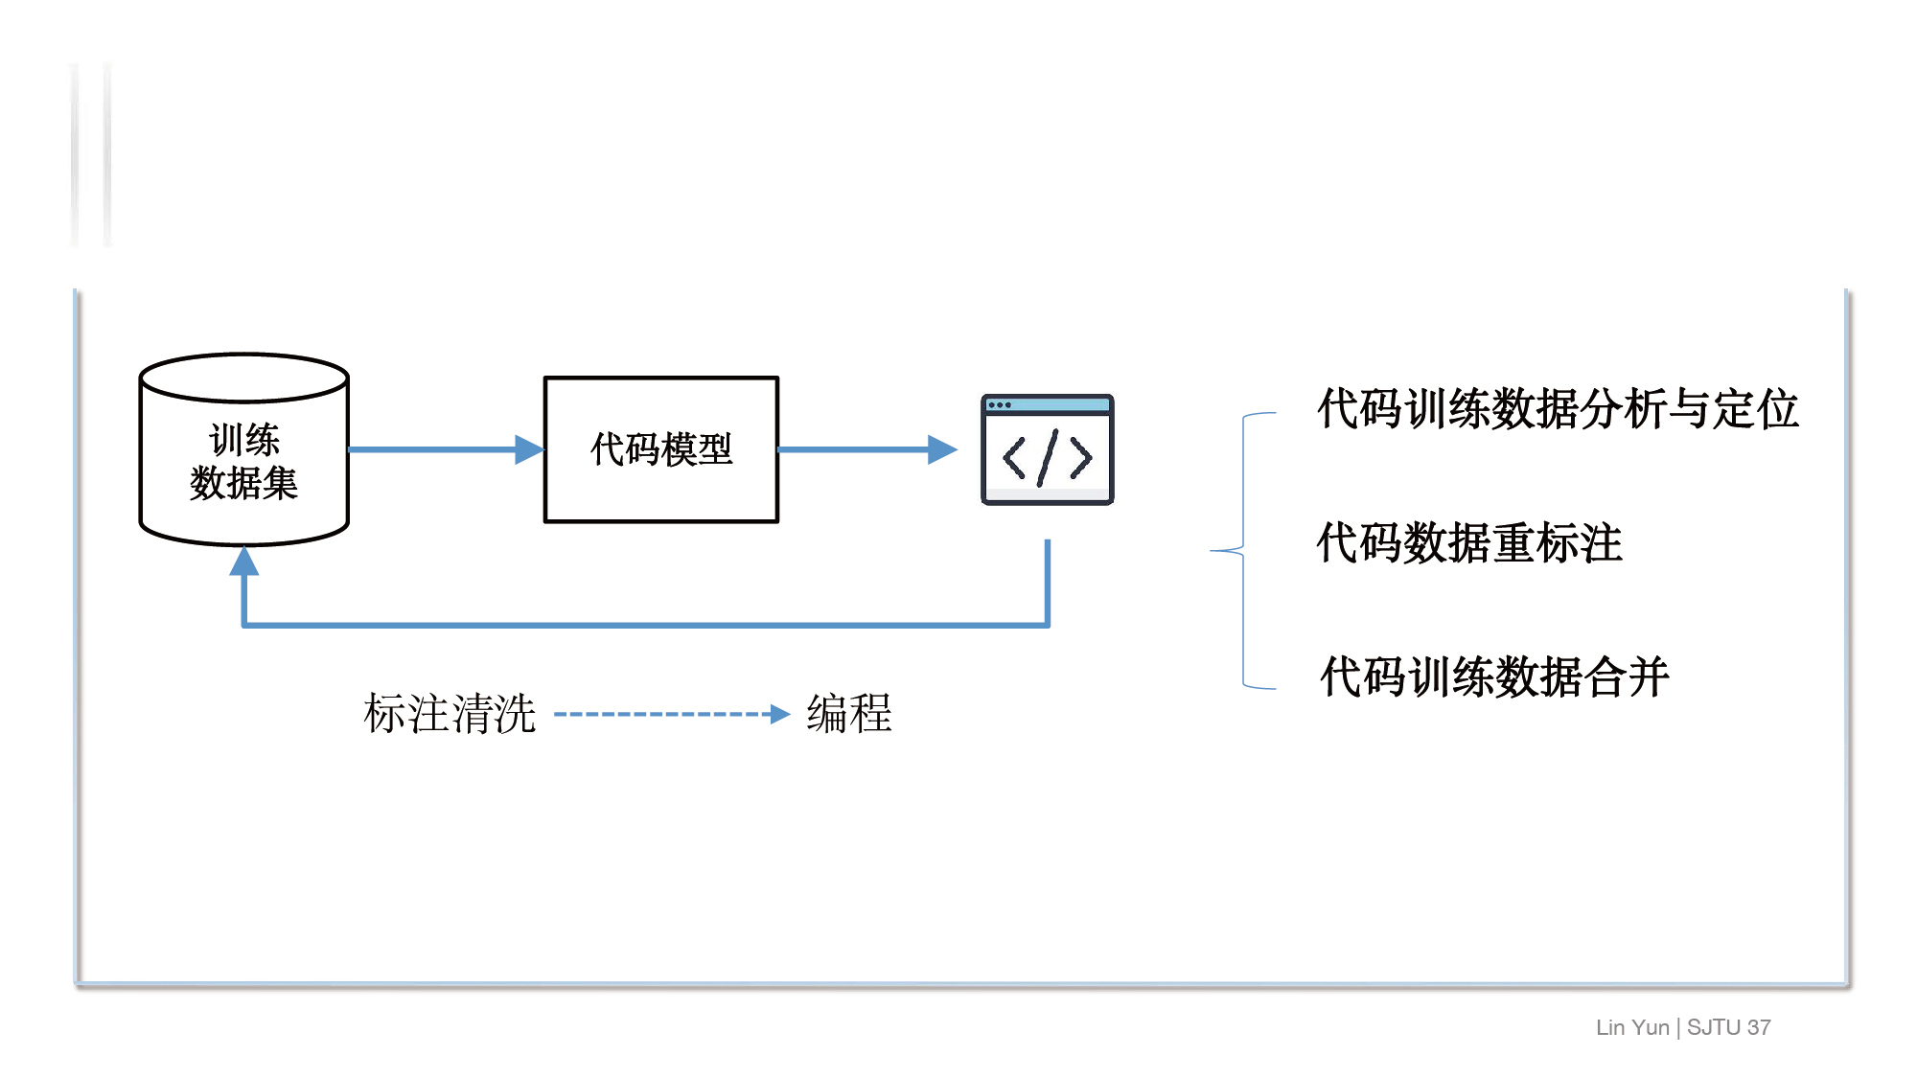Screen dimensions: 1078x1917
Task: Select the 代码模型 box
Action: tap(660, 449)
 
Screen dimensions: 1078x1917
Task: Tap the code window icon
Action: tap(1047, 449)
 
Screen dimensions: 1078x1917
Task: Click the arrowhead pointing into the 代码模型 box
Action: tap(528, 449)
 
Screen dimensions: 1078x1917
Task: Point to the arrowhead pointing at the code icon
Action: tap(941, 449)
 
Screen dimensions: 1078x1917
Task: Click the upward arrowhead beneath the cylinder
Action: tap(244, 562)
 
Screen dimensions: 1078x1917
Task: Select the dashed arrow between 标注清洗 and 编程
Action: tap(671, 714)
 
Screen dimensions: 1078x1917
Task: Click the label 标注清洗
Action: tap(449, 714)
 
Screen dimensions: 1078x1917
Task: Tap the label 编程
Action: tap(849, 714)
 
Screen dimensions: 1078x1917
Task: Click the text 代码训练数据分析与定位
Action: tap(1558, 409)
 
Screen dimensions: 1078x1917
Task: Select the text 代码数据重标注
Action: tap(1468, 543)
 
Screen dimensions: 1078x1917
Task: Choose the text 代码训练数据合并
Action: tap(1494, 677)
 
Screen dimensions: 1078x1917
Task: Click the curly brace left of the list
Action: tap(1243, 551)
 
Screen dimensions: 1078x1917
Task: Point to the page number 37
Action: tap(1759, 1027)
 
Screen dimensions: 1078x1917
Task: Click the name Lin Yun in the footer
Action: tap(1632, 1027)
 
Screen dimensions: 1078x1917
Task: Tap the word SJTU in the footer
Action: tap(1713, 1027)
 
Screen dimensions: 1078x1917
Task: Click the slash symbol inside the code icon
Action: tap(1048, 458)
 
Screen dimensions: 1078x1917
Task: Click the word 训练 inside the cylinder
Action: tap(244, 441)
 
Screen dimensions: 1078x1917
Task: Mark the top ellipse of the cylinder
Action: tap(243, 378)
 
